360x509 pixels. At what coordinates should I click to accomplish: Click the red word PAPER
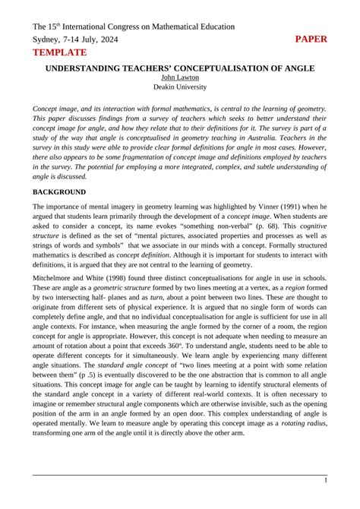(x=311, y=39)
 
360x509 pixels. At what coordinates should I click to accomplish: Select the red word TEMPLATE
(x=59, y=52)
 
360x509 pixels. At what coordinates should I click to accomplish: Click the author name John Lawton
(x=179, y=77)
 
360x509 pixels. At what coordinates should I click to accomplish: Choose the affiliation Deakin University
(x=179, y=87)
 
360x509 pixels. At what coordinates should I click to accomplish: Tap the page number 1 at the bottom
(x=325, y=480)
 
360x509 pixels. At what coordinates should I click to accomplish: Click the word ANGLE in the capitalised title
(x=298, y=68)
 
